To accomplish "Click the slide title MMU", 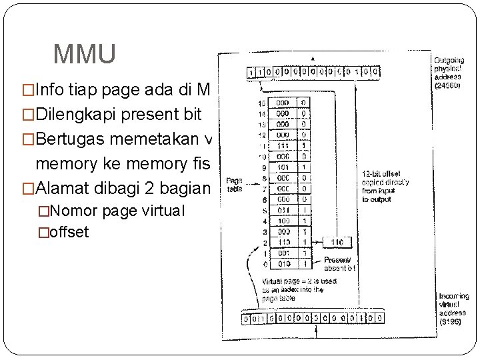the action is click(84, 54).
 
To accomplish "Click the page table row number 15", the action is click(262, 104).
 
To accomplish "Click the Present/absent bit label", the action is click(339, 264).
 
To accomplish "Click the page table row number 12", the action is click(262, 134).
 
